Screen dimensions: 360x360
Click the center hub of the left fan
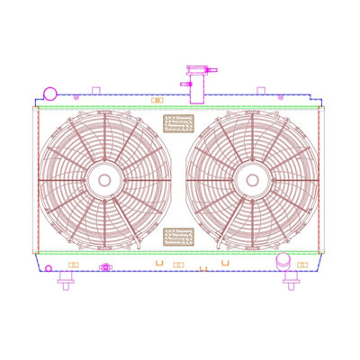point(104,180)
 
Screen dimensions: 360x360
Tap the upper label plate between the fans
point(178,122)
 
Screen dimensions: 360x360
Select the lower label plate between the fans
point(178,236)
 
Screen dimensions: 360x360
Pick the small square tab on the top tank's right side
point(261,90)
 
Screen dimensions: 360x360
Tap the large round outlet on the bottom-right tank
point(283,261)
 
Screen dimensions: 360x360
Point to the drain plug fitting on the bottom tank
point(106,266)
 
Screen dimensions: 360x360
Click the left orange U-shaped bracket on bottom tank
point(160,262)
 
